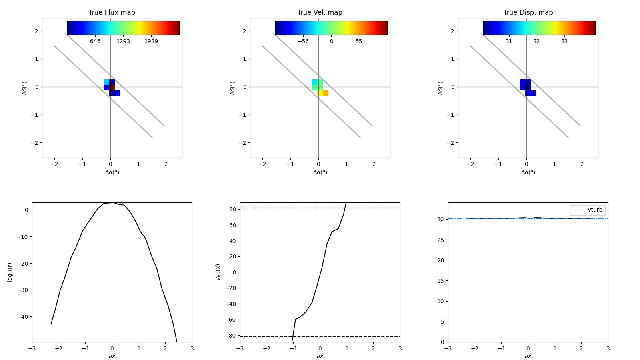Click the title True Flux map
[x=112, y=12]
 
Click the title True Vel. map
[x=320, y=12]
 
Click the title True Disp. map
[x=528, y=12]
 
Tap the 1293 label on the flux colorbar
[x=123, y=42]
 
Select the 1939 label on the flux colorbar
[x=151, y=42]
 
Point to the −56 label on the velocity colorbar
[x=303, y=42]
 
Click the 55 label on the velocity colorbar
[x=359, y=42]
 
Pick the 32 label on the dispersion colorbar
[x=536, y=42]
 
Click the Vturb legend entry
[x=594, y=210]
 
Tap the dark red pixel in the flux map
[x=112, y=88]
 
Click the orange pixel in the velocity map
[x=326, y=93]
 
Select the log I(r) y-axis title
[x=10, y=272]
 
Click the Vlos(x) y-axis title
[x=218, y=272]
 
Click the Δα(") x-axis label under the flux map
[x=112, y=172]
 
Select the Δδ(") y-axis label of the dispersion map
[x=441, y=88]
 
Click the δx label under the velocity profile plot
[x=320, y=356]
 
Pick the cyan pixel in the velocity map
[x=314, y=82]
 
